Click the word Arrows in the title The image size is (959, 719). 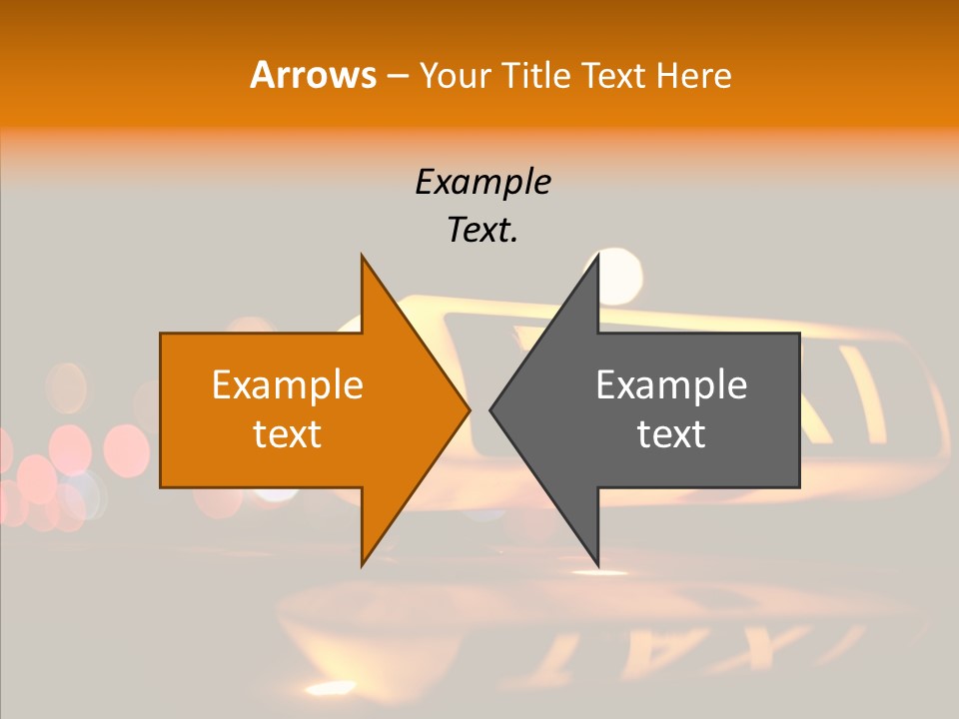(313, 75)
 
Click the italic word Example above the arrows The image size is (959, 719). (482, 182)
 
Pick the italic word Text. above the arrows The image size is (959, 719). (482, 230)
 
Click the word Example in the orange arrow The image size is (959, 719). (288, 384)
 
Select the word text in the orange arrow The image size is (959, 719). (288, 433)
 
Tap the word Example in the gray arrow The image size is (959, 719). (671, 384)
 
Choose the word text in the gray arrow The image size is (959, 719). (671, 433)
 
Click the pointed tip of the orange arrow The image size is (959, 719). (469, 409)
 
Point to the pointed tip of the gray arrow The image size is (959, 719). (490, 409)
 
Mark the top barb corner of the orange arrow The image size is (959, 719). (362, 257)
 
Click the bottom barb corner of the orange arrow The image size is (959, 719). (362, 564)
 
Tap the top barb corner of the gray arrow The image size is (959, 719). (597, 257)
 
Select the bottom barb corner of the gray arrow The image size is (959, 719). (597, 564)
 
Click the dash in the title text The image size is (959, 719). (397, 76)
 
